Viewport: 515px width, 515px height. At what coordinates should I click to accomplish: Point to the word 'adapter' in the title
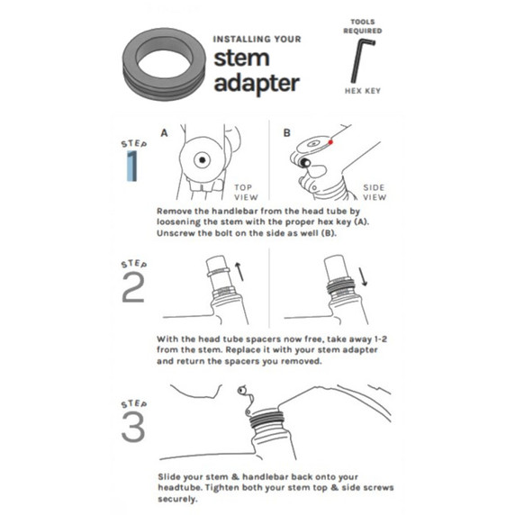[256, 84]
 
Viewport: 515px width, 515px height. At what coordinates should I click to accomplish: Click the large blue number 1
[132, 167]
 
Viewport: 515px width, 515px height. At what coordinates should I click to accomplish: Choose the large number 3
[132, 429]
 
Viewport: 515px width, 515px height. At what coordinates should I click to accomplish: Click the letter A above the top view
[165, 132]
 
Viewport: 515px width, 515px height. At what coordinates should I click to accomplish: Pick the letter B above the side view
[287, 132]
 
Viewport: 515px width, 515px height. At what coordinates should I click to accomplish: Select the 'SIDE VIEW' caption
[374, 192]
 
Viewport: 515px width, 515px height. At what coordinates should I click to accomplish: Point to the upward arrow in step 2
[238, 267]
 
